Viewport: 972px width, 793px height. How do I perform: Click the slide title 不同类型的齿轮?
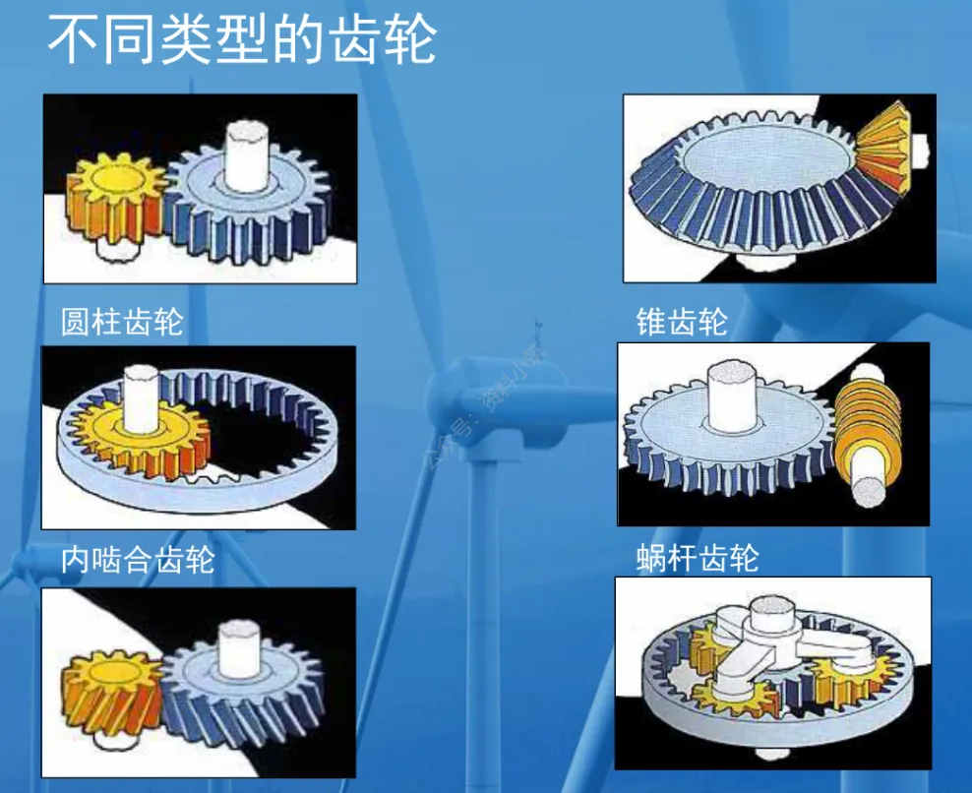pyautogui.click(x=241, y=41)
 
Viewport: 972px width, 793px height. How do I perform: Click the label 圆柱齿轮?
pyautogui.click(x=122, y=322)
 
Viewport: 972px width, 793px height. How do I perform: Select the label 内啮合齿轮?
pyautogui.click(x=137, y=561)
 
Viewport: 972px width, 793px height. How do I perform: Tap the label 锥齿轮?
pyautogui.click(x=682, y=322)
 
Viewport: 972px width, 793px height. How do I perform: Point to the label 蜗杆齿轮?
pyautogui.click(x=698, y=559)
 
